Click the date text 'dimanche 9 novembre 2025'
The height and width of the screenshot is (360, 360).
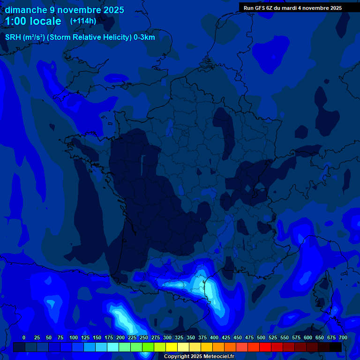tap(64, 10)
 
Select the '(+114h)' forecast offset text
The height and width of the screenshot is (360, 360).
tap(83, 21)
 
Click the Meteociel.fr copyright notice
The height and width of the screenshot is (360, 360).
tap(199, 357)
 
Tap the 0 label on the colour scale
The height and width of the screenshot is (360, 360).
tap(24, 337)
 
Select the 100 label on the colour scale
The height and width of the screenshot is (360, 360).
tap(74, 337)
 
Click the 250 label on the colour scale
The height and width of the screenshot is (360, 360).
tap(144, 337)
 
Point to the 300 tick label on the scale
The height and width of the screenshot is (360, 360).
tap(167, 337)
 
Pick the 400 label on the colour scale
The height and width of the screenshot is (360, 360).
tap(214, 337)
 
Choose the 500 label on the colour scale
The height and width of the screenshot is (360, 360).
tap(261, 337)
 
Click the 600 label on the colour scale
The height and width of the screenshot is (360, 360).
tap(308, 337)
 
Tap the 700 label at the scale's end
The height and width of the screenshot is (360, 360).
tap(343, 337)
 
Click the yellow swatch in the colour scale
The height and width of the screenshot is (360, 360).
tap(172, 347)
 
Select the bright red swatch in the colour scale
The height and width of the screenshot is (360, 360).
tap(265, 347)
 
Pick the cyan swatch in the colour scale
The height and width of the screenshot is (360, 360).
tap(113, 347)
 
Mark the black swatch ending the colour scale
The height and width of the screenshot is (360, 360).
tap(336, 347)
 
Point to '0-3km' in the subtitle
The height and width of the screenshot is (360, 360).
tap(144, 37)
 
